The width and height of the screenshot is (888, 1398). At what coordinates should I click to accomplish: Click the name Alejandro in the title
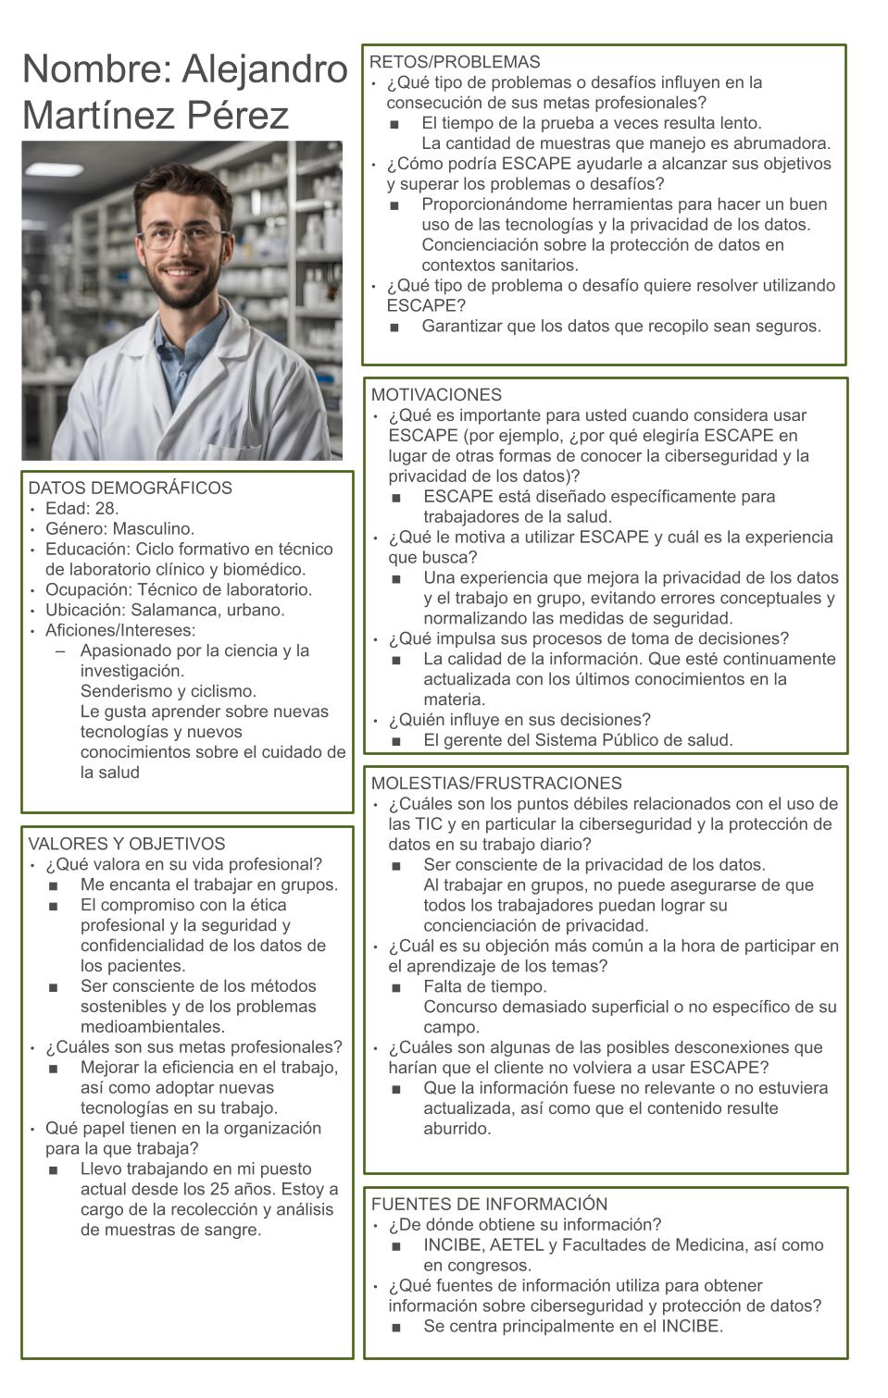tap(265, 69)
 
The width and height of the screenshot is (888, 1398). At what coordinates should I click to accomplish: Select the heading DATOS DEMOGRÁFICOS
tap(131, 488)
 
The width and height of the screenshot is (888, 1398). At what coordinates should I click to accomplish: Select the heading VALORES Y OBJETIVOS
tap(127, 844)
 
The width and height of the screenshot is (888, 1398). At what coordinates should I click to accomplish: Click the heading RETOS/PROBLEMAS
tap(455, 62)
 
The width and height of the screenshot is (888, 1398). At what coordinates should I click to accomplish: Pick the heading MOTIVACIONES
tap(436, 395)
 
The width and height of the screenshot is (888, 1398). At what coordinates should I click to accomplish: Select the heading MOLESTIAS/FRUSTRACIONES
tap(496, 784)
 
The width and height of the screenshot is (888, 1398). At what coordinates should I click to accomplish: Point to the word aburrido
tap(457, 1129)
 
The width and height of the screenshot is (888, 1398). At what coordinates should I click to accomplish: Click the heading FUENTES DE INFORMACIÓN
tap(489, 1204)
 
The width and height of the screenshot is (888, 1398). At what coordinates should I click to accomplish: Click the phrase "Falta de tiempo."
tap(485, 986)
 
